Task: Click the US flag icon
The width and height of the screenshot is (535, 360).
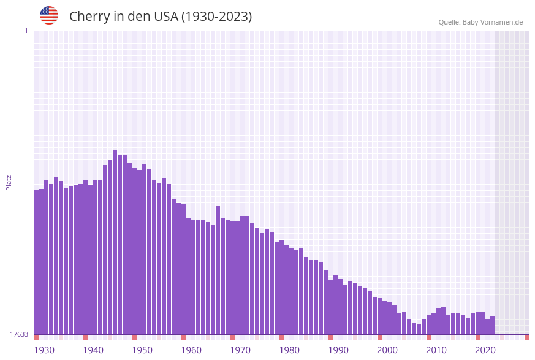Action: (49, 15)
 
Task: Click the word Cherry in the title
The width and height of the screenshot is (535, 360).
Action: (89, 17)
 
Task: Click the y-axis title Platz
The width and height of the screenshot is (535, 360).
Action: (9, 182)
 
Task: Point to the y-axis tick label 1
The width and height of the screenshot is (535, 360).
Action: (26, 31)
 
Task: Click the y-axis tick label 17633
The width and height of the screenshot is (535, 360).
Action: (19, 334)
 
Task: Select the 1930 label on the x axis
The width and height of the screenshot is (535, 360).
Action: (44, 350)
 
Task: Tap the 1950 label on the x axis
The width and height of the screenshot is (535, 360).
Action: (142, 350)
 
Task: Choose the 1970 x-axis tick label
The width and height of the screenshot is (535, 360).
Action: (240, 350)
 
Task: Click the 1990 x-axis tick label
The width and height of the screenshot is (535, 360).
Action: (338, 350)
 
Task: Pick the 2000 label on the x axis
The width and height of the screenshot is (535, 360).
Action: (387, 350)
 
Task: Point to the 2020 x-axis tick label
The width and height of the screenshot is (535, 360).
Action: (485, 350)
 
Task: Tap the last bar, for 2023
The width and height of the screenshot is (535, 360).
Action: (492, 325)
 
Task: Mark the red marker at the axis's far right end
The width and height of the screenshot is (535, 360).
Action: (526, 337)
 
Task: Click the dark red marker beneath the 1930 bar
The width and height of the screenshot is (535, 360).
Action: (36, 337)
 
